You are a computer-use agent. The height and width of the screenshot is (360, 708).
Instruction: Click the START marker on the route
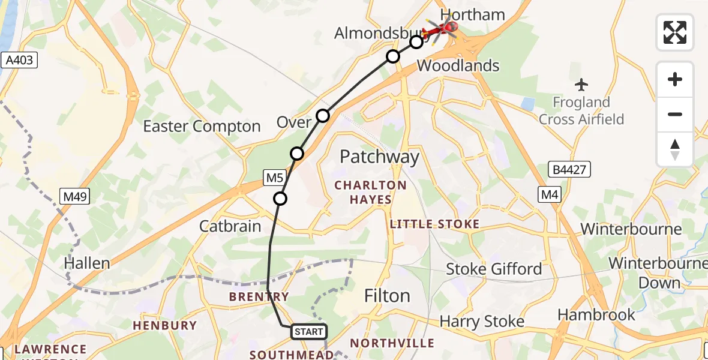point(309,331)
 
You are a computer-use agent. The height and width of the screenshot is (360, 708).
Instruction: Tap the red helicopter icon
point(442,28)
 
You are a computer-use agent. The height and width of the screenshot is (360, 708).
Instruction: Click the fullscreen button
point(675,32)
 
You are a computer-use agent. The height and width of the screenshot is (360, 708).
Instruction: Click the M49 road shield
point(75,196)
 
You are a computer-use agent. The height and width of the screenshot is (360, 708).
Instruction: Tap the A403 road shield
point(20,60)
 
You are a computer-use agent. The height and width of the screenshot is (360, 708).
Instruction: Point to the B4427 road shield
point(569,170)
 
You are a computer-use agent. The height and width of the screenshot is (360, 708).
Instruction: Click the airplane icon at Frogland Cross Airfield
point(581,85)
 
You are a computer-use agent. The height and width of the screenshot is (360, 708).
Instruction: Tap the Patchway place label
point(379,157)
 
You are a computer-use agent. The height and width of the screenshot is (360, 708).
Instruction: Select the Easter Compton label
point(202,127)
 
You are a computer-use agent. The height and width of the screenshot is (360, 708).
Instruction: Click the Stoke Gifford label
point(494,269)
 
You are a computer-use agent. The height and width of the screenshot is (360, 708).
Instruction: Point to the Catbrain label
point(230,226)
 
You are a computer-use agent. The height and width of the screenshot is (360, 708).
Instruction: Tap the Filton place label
point(388,296)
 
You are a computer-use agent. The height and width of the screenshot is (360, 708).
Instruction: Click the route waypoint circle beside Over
point(323,115)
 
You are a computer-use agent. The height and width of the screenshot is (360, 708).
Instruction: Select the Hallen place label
point(88,263)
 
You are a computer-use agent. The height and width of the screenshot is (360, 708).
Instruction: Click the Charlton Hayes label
point(371,192)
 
